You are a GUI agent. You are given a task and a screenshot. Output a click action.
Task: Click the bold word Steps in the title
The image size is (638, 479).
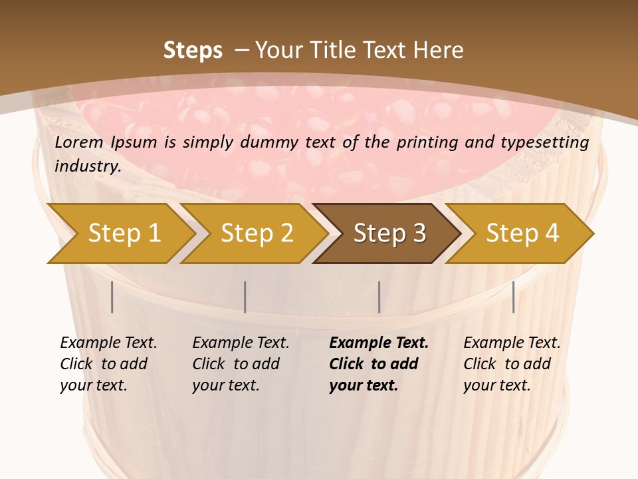pyautogui.click(x=193, y=51)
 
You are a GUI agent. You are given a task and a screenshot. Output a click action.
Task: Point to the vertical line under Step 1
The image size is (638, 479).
pyautogui.click(x=112, y=297)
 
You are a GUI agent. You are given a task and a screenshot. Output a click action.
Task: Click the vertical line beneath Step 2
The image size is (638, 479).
pyautogui.click(x=245, y=297)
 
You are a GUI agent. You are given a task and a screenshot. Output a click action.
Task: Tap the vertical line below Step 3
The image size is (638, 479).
pyautogui.click(x=379, y=297)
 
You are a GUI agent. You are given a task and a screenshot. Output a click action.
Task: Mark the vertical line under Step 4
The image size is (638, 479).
pyautogui.click(x=513, y=297)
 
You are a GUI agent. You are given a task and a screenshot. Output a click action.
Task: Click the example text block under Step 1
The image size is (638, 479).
pyautogui.click(x=108, y=364)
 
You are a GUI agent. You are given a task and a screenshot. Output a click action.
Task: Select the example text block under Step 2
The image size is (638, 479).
pyautogui.click(x=240, y=364)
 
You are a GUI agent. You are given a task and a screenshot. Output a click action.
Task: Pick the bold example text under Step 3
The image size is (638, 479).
pyautogui.click(x=377, y=364)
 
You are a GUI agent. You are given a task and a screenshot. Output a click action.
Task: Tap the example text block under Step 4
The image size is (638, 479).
pyautogui.click(x=511, y=364)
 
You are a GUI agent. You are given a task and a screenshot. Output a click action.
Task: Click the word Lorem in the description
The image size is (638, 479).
pyautogui.click(x=79, y=142)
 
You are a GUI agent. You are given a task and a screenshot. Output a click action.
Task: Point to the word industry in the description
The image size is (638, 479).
pyautogui.click(x=87, y=166)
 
